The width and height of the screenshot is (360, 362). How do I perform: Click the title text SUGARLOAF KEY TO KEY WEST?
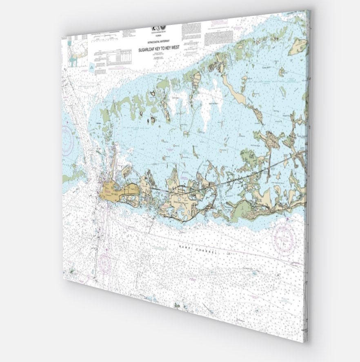click(162, 48)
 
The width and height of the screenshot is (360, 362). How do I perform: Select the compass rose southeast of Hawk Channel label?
click(284, 236)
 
